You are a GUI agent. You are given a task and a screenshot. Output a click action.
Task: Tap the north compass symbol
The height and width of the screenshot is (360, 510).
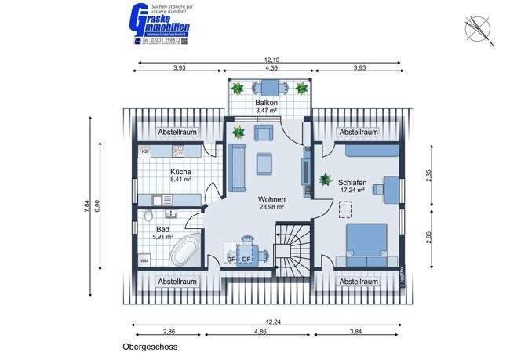478,31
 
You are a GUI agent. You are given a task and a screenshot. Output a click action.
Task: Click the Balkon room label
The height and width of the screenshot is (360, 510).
270,103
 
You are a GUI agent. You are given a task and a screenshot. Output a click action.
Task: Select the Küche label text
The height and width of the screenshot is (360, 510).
180,171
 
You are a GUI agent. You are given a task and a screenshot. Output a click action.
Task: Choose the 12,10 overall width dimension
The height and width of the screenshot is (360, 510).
271,60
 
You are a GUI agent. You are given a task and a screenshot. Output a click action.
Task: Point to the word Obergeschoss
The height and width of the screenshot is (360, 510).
150,346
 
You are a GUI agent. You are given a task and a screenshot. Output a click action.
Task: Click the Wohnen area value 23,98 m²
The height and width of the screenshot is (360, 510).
271,208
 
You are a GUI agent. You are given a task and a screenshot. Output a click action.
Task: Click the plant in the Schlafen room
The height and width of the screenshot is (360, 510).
326,180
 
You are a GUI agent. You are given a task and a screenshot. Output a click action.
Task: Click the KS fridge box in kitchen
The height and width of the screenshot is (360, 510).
144,151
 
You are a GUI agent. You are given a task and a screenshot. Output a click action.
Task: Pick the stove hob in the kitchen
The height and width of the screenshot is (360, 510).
179,151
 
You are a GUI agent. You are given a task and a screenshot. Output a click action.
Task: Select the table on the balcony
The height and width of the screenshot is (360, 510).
271,87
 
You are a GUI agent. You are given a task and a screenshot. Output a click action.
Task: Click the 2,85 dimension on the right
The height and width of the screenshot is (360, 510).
429,175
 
